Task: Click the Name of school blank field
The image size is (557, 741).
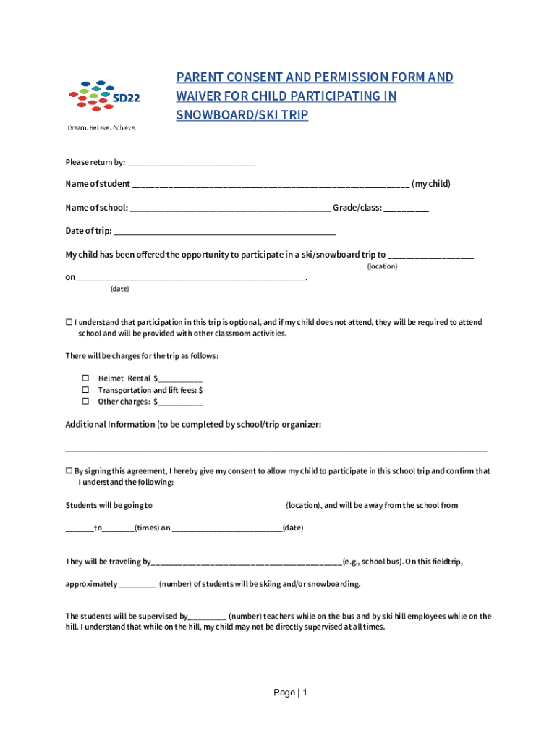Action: coord(230,208)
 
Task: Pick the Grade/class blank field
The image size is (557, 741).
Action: coord(406,208)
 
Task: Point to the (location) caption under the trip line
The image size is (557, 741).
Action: coord(381,267)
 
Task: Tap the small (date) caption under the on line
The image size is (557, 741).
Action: coord(119,289)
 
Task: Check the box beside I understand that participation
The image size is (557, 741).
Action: coord(69,322)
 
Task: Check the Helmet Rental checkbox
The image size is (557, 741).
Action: coord(85,378)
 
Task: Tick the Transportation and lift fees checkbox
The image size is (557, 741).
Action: coord(85,389)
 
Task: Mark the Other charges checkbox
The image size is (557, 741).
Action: coord(85,401)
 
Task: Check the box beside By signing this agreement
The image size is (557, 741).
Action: coord(69,470)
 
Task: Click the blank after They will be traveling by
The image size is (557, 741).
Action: coord(246,562)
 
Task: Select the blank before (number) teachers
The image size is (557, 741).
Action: coord(208,617)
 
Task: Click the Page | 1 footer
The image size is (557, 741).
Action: coord(291,693)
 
